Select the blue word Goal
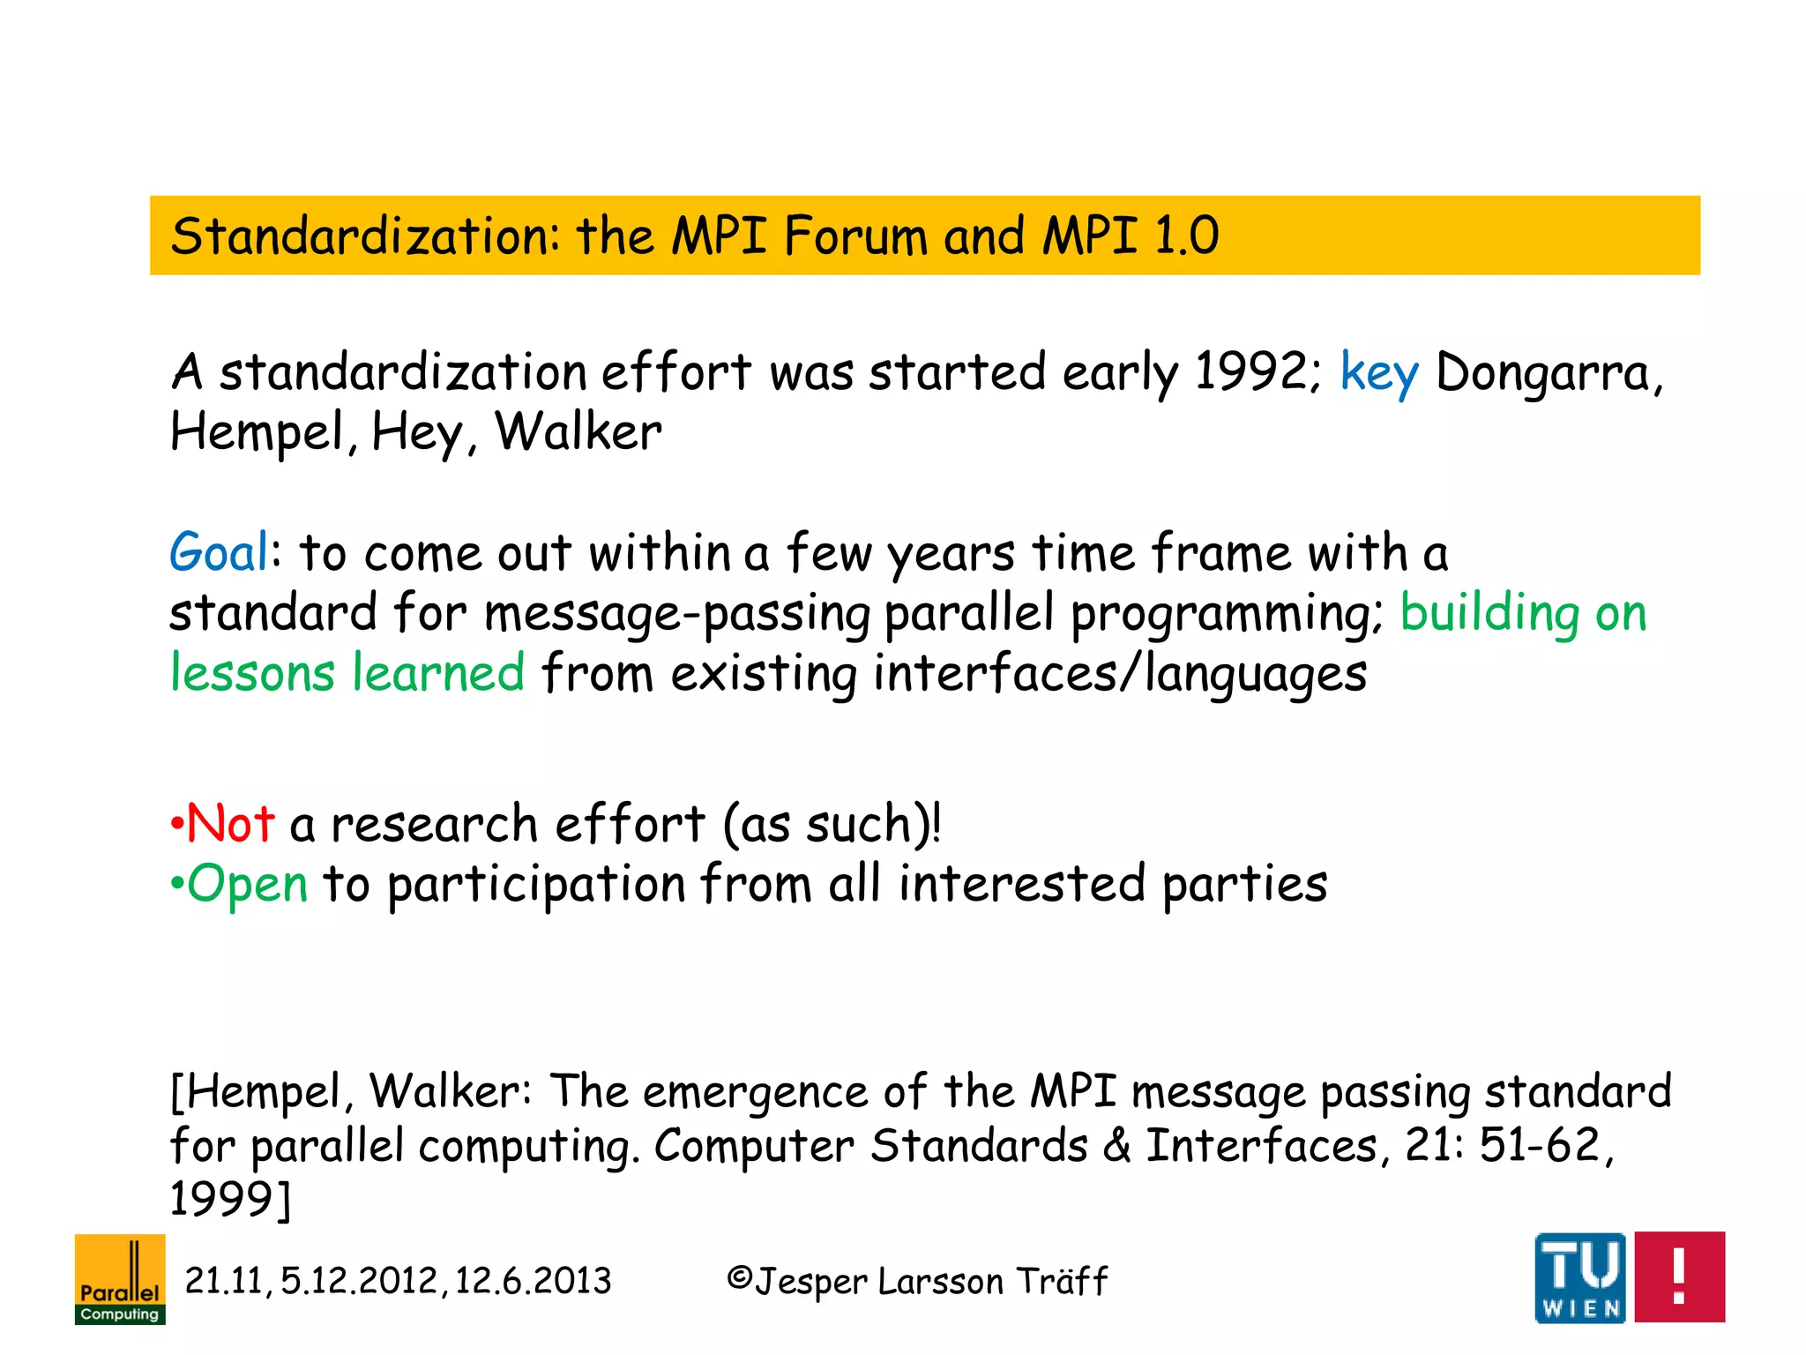[219, 553]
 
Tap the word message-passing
[676, 613]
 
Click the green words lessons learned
[347, 673]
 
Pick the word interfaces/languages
[1120, 673]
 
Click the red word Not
[231, 824]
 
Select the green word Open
[247, 884]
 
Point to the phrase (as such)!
[832, 824]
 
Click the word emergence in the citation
[755, 1092]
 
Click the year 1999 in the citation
[222, 1199]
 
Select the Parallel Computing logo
[120, 1279]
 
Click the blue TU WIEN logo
[1579, 1277]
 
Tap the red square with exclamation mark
[1679, 1276]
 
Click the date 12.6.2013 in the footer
[533, 1281]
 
